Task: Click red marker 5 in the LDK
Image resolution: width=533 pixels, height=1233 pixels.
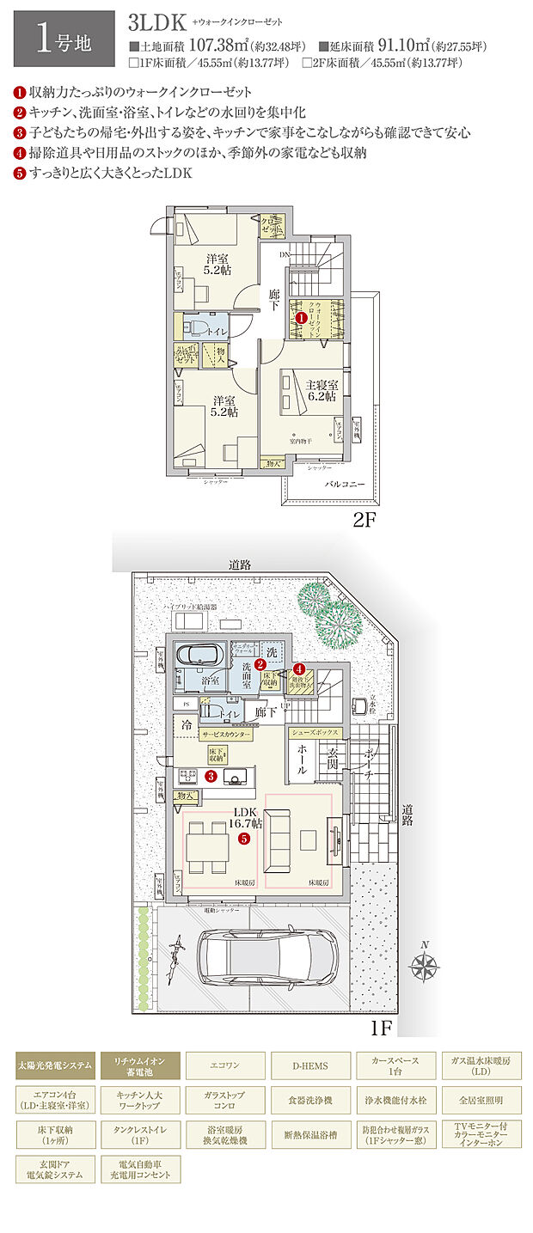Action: [244, 838]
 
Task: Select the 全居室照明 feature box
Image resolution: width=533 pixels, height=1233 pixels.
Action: [481, 1099]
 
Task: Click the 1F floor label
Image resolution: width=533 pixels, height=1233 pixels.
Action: [381, 1027]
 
